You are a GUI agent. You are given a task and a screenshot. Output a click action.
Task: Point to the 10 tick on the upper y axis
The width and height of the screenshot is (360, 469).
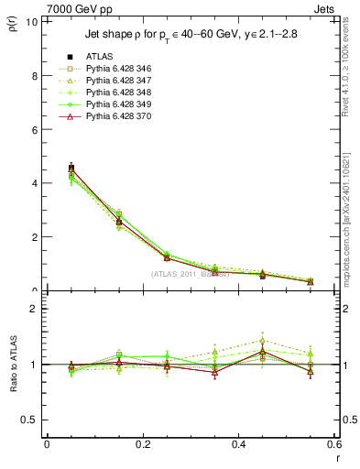pos(31,22)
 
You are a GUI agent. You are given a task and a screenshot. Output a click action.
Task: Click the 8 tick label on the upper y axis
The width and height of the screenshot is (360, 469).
pos(34,76)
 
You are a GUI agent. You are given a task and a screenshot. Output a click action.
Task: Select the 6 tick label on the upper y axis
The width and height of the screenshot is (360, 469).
pos(34,130)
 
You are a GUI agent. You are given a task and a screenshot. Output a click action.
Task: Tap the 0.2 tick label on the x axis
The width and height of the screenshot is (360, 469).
pos(142,443)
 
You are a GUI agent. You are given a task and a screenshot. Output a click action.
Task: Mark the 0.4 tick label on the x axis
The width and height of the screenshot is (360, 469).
pos(238,443)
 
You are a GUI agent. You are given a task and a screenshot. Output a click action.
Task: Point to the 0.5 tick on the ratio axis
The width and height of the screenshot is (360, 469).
pos(30,420)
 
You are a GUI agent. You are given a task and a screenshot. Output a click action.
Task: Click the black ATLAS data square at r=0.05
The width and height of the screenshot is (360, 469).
pos(71,168)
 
